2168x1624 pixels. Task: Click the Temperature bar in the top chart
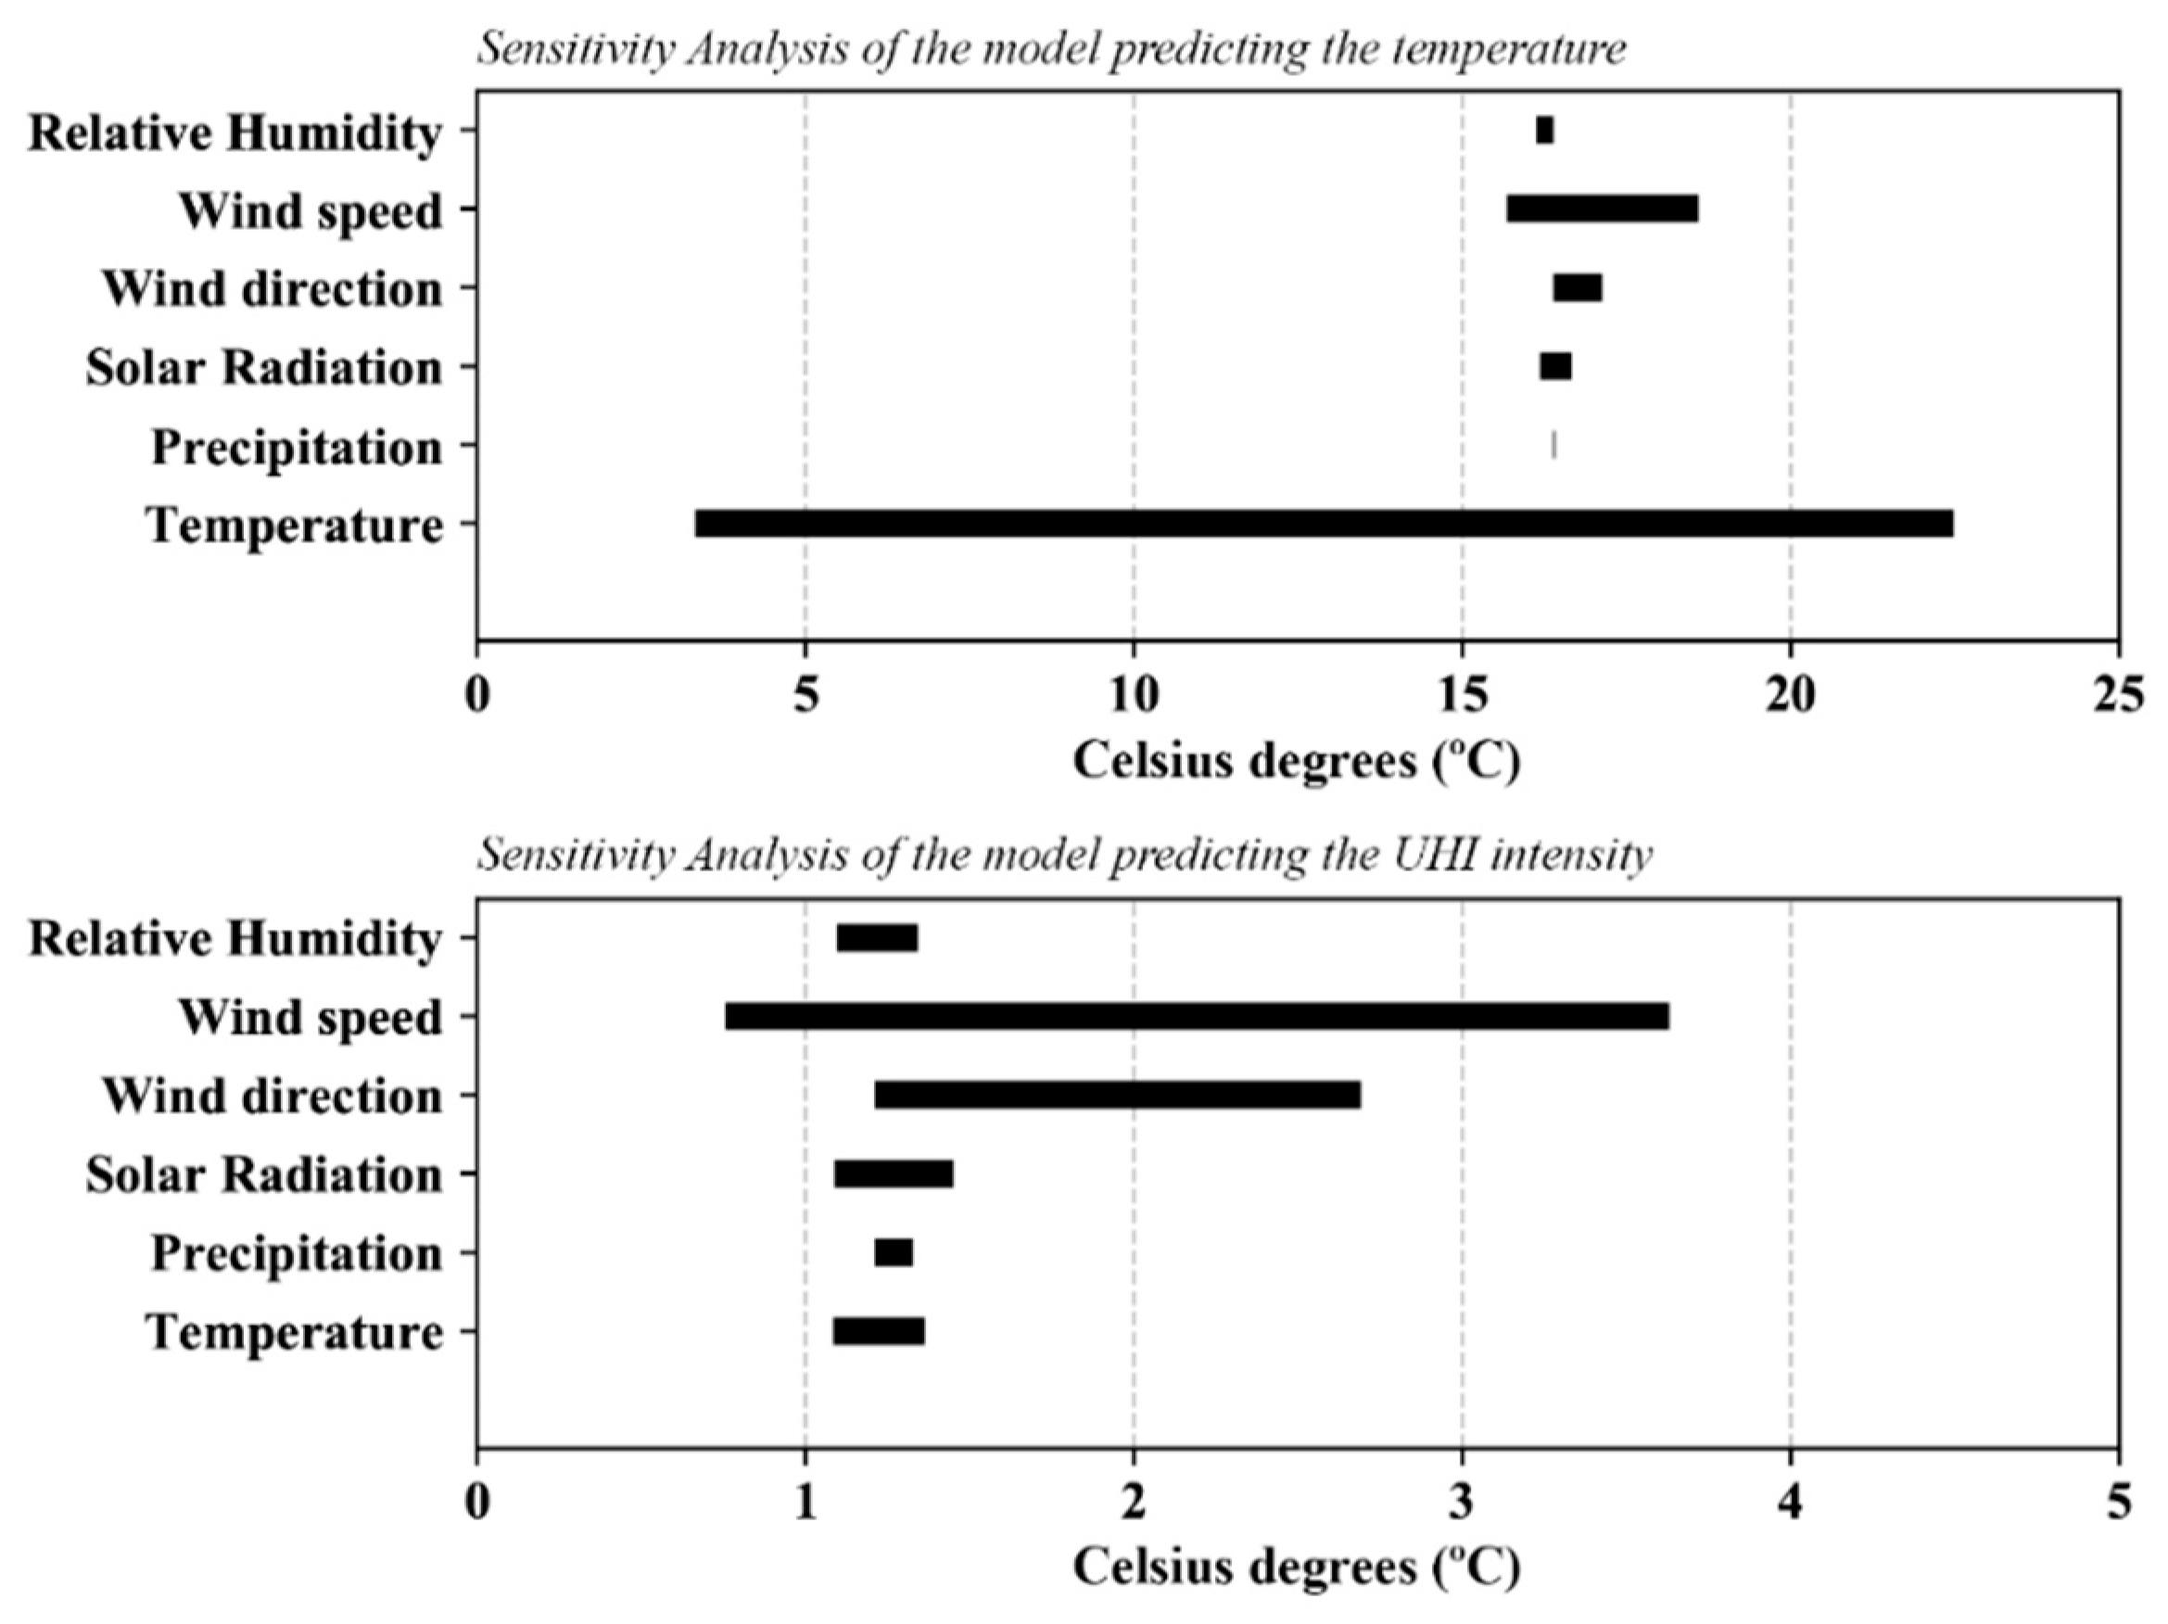tap(1324, 524)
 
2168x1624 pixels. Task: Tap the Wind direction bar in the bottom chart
tap(1117, 1095)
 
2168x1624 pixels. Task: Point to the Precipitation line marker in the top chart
tap(1553, 445)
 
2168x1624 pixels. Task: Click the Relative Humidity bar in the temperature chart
tap(1544, 131)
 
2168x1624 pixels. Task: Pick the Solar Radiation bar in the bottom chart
tap(893, 1174)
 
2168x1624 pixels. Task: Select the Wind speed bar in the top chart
tap(1602, 209)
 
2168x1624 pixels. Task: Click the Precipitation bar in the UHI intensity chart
tap(894, 1252)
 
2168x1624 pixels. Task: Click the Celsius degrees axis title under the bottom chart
tap(1296, 1567)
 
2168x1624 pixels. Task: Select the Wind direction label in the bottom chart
tap(273, 1095)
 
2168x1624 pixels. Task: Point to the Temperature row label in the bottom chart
tap(294, 1332)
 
